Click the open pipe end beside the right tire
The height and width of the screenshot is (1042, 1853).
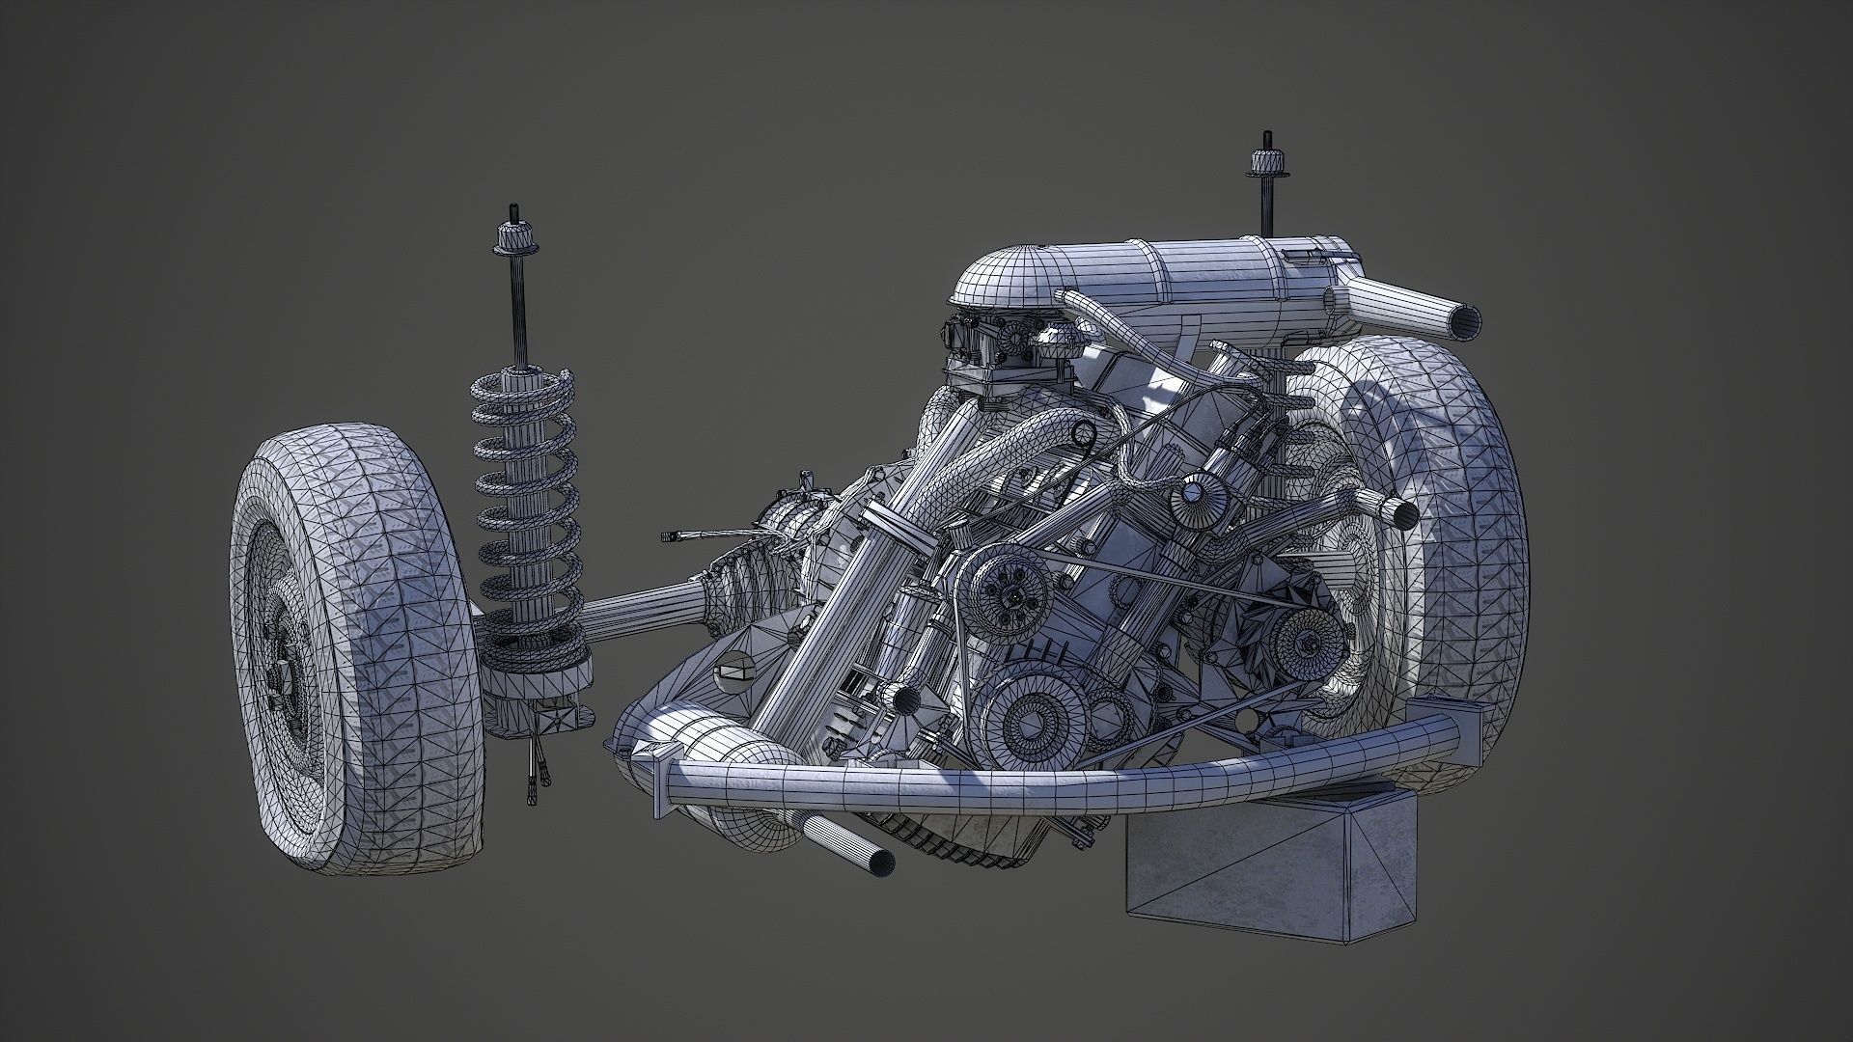(x=1404, y=513)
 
